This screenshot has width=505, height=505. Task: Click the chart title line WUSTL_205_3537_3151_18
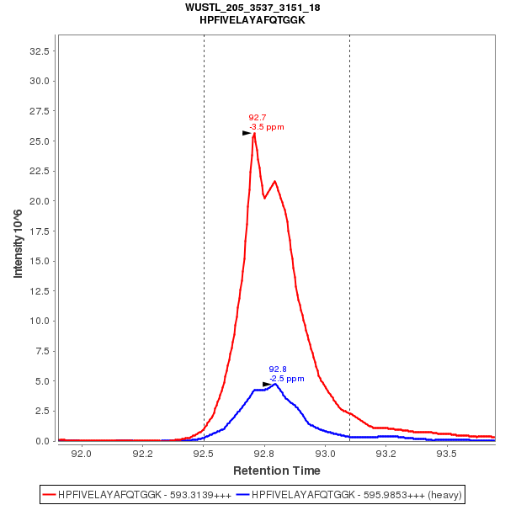pos(252,8)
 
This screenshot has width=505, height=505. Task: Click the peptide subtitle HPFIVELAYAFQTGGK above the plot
pos(252,19)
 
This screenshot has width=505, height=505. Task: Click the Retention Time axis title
pos(276,470)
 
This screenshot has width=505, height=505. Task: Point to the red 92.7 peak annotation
pos(258,118)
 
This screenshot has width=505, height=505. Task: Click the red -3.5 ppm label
pos(267,127)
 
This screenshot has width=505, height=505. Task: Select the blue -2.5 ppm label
pos(287,379)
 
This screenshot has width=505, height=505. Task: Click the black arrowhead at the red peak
pos(247,133)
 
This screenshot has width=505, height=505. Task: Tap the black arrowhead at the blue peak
pos(268,385)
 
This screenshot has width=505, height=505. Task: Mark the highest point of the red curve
pos(254,133)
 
